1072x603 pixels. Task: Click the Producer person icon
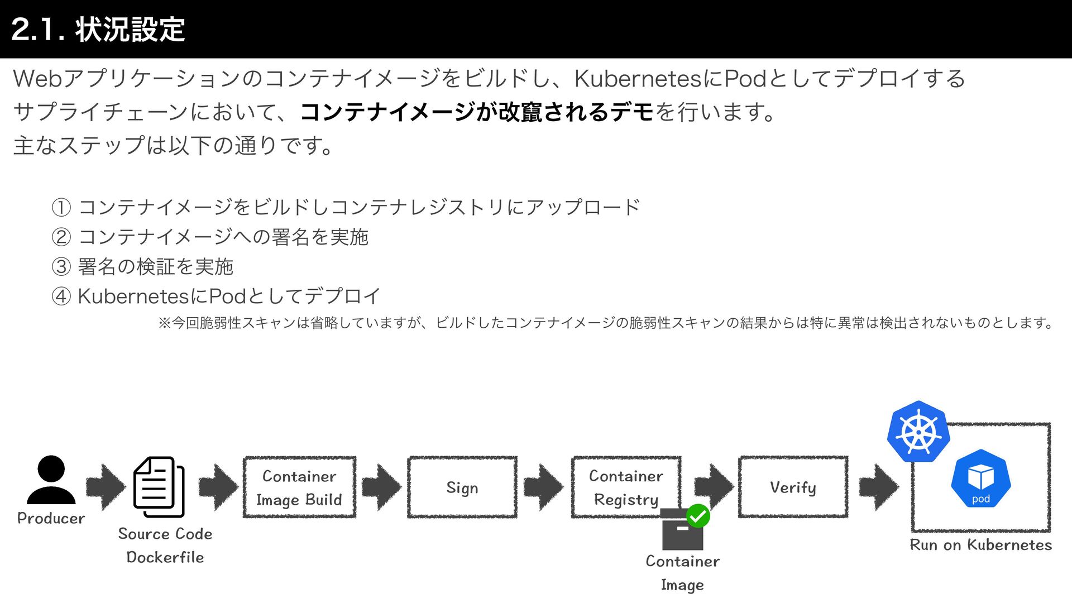coord(51,480)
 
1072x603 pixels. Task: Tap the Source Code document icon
coord(159,487)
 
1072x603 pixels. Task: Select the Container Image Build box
coord(299,487)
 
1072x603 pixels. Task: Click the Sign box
coord(462,487)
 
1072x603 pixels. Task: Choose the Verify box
coord(793,487)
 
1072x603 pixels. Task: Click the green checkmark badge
coord(698,515)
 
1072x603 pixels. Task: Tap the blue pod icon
coord(980,479)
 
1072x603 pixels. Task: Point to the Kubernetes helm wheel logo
coord(918,432)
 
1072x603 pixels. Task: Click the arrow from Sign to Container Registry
coord(543,487)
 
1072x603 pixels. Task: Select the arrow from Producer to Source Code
coord(106,487)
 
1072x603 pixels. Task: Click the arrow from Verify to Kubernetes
coord(879,487)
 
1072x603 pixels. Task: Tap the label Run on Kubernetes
coord(980,545)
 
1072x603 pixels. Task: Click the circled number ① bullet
coord(61,208)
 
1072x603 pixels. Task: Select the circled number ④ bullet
coord(61,296)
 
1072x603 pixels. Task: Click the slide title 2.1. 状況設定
coord(98,29)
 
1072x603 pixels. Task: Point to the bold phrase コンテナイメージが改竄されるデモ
coord(476,112)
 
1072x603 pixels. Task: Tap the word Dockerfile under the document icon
coord(165,557)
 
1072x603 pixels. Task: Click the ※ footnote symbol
coord(164,323)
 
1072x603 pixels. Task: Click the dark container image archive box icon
coord(682,530)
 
